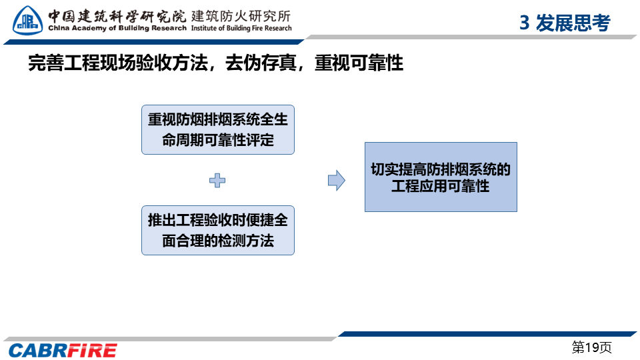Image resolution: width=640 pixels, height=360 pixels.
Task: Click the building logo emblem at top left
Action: (27, 21)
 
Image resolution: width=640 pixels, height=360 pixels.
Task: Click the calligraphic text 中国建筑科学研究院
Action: (117, 16)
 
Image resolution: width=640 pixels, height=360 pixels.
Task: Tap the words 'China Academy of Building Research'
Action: (117, 28)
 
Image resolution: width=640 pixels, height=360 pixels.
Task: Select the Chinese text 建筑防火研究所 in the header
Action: (241, 16)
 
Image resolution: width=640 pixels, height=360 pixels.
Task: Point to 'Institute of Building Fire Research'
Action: (241, 28)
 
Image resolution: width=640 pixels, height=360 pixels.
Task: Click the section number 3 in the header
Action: (525, 23)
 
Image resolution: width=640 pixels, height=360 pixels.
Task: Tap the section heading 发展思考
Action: (573, 23)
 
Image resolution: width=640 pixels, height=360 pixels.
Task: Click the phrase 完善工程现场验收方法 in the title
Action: (118, 63)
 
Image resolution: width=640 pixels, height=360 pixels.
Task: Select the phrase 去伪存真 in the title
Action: (261, 63)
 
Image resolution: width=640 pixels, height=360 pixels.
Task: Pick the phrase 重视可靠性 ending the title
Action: (359, 63)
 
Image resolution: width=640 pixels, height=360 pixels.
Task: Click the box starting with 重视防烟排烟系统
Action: (218, 130)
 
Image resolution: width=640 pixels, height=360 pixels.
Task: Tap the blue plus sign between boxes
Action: (217, 181)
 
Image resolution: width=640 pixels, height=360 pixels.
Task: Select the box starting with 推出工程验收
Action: (218, 231)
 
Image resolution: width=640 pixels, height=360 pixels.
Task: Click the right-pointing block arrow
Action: (337, 181)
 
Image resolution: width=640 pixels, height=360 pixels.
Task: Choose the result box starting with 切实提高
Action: (441, 177)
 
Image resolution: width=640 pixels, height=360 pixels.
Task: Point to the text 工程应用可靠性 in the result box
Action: (441, 187)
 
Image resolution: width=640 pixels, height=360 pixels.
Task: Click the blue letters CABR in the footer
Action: (37, 351)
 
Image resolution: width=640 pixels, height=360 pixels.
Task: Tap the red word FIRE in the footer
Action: (92, 351)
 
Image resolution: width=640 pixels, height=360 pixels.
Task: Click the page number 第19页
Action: (591, 347)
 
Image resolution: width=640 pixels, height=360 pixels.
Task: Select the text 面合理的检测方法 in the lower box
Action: (218, 241)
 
